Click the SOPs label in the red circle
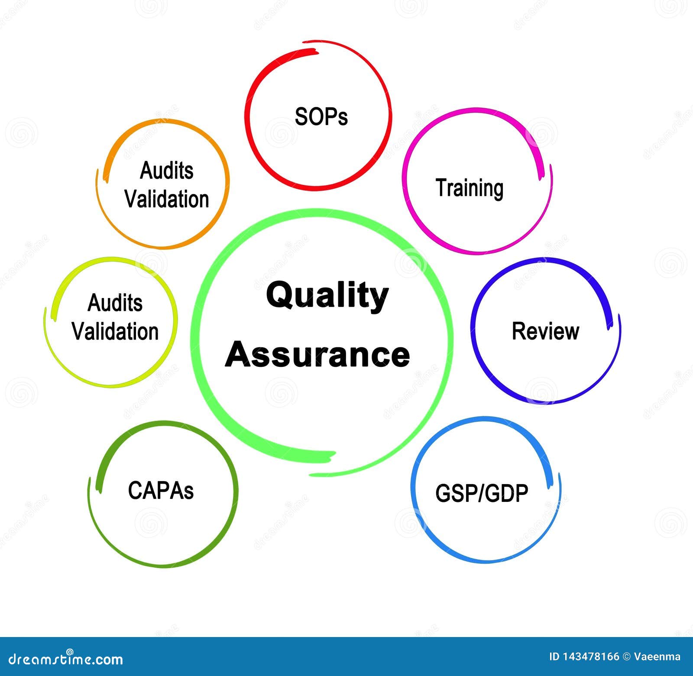(321, 116)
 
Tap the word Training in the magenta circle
(470, 188)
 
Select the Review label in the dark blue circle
(545, 331)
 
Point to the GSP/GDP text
(482, 493)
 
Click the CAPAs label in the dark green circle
(161, 490)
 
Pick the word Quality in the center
(327, 296)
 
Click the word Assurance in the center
(317, 354)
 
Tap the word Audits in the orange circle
(166, 170)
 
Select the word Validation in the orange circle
(167, 199)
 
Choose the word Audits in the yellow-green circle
(115, 302)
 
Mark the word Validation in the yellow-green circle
(115, 331)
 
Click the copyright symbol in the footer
(626, 657)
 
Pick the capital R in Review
(519, 331)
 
